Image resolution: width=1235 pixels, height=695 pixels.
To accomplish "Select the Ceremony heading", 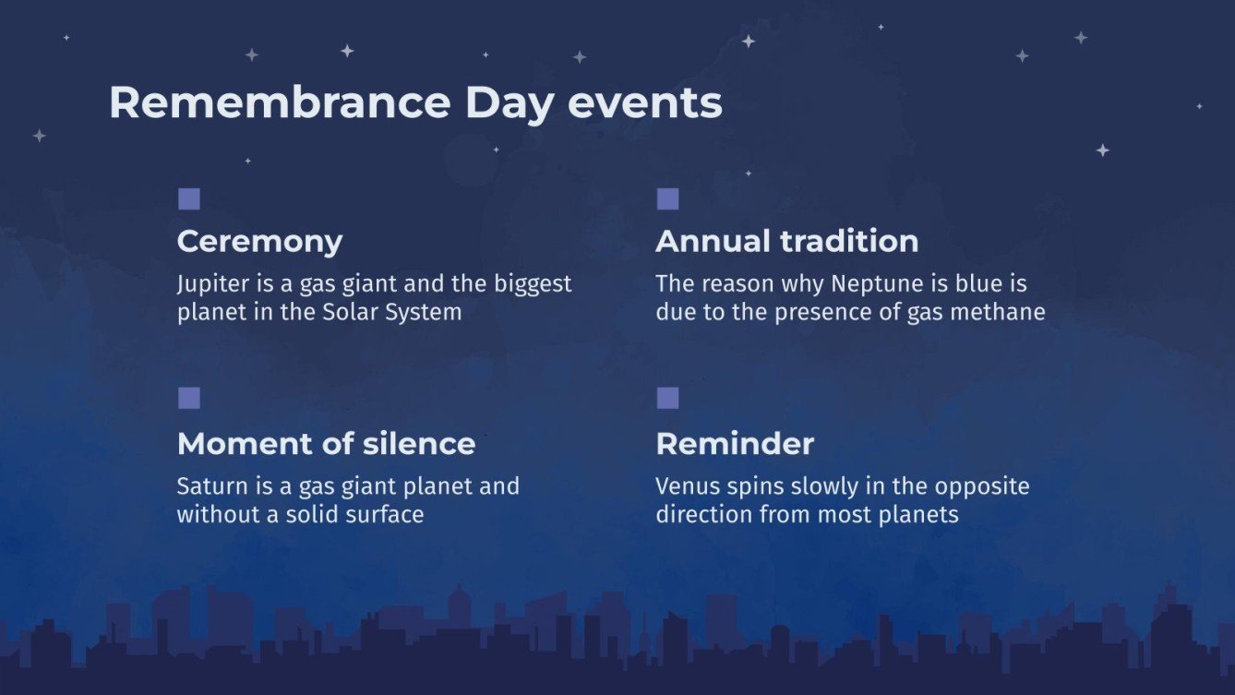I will [x=259, y=242].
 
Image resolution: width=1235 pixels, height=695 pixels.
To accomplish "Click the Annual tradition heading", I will [x=786, y=242].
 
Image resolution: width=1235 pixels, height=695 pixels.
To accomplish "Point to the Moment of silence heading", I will [x=326, y=444].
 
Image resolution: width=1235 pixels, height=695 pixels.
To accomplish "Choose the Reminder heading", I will [x=735, y=444].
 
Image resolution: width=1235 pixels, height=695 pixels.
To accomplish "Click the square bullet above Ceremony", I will [x=189, y=199].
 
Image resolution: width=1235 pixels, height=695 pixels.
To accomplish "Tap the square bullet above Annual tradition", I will [x=667, y=199].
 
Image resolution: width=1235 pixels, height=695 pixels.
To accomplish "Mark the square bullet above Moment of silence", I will [x=189, y=398].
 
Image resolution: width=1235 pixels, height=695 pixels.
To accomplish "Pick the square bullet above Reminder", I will [x=667, y=398].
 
